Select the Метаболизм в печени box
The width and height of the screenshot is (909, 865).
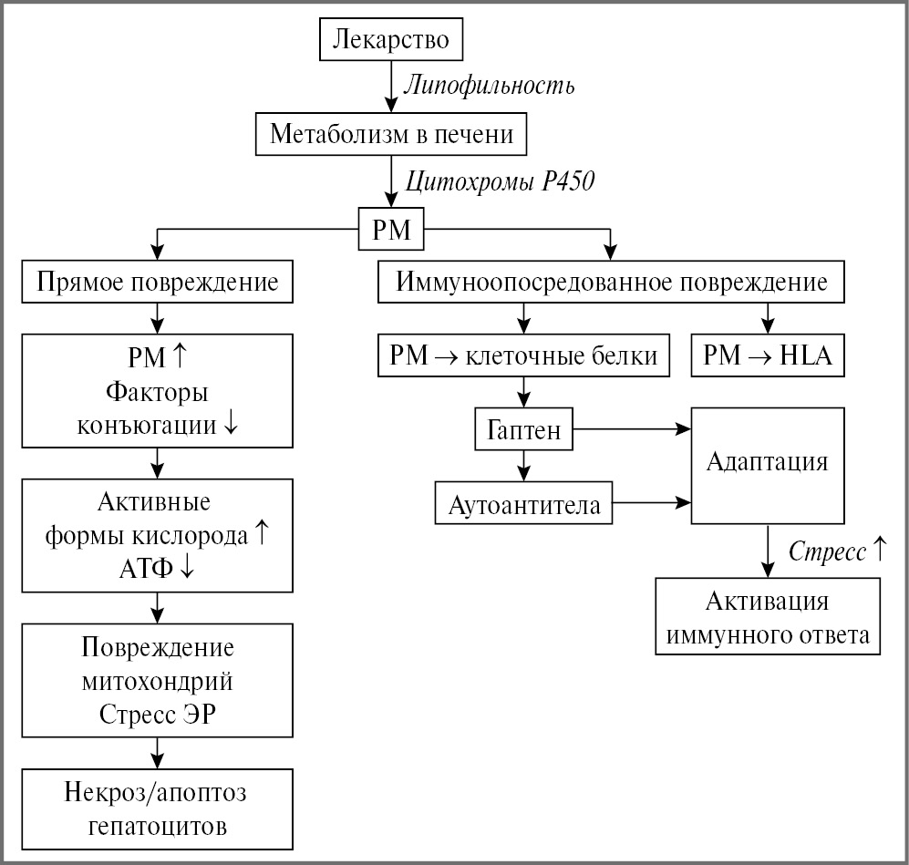pos(391,135)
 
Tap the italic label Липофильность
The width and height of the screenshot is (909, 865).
pos(489,88)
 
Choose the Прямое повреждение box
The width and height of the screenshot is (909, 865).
pos(158,282)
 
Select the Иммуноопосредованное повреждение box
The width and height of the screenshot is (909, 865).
pos(612,282)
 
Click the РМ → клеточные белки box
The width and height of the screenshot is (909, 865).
pos(523,355)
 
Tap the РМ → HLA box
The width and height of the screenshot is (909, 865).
pos(768,355)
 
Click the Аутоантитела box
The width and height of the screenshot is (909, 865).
pos(524,504)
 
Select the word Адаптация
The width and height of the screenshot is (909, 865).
pos(767,461)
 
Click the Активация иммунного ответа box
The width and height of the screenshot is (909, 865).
pos(768,618)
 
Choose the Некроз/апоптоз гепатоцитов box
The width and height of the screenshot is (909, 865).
pos(158,809)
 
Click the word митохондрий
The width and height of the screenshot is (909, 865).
pos(158,681)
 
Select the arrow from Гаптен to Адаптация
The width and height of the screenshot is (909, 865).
pos(630,427)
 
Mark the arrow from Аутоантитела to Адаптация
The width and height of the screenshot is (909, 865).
pos(650,501)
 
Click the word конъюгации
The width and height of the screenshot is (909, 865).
pos(146,424)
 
